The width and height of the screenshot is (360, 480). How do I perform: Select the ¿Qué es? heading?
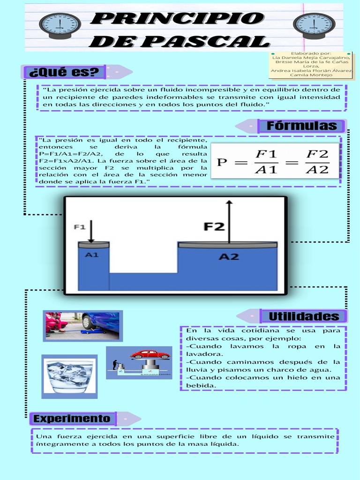[x=64, y=72]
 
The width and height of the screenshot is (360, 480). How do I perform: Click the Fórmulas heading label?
[x=302, y=126]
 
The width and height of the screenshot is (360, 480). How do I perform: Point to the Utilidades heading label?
[x=304, y=316]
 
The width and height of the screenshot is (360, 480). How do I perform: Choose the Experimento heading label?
[x=72, y=419]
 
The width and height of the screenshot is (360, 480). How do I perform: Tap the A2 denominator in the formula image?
[x=317, y=170]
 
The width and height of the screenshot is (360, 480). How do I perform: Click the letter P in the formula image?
[x=222, y=163]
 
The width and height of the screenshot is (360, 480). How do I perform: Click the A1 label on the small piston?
[x=91, y=255]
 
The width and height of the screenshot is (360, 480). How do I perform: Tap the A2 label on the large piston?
[x=229, y=257]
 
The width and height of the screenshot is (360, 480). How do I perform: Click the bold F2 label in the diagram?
[x=214, y=227]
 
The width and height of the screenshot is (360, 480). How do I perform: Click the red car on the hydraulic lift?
[x=150, y=354]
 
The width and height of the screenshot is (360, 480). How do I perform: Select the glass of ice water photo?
[x=69, y=376]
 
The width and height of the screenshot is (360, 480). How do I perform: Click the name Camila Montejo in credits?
[x=311, y=75]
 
